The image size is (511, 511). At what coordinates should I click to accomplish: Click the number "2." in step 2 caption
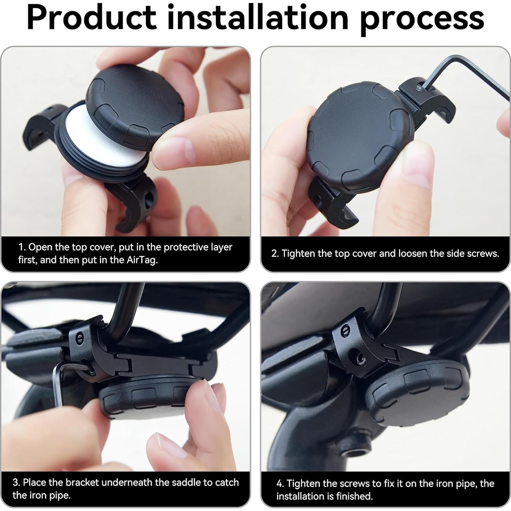275,254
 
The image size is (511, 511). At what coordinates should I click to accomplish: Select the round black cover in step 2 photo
360,137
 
